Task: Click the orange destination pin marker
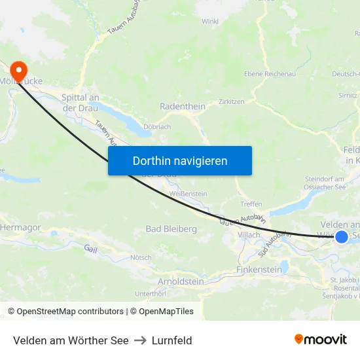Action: point(20,69)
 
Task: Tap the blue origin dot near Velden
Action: point(342,236)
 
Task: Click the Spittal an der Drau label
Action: point(80,103)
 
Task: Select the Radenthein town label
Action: point(183,107)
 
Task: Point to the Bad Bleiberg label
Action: point(171,229)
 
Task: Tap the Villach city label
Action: point(249,235)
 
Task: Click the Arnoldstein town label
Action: point(181,281)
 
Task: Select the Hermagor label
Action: point(21,226)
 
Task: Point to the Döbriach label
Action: point(157,126)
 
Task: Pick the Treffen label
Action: point(251,204)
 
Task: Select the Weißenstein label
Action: point(188,194)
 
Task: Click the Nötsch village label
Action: point(141,257)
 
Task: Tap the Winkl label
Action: point(210,22)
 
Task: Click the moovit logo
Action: point(321,339)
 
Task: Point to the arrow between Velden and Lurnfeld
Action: point(140,340)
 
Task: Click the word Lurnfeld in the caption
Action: point(171,340)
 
